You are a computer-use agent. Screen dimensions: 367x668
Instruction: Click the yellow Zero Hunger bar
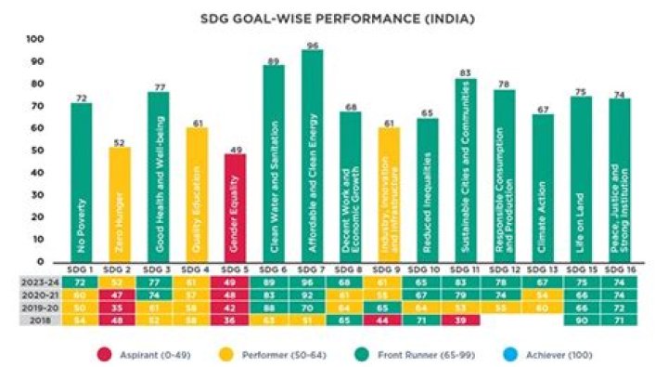click(x=121, y=203)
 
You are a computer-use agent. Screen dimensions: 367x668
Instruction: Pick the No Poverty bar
click(x=82, y=182)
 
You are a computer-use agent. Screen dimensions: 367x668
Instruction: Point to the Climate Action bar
click(x=541, y=187)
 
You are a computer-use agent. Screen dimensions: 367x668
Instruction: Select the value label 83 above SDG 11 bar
click(x=465, y=72)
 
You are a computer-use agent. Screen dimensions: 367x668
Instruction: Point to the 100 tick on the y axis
click(x=35, y=39)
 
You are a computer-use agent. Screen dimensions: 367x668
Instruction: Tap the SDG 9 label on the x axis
click(x=388, y=269)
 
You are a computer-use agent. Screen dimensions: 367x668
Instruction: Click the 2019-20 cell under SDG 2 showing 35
click(x=121, y=307)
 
